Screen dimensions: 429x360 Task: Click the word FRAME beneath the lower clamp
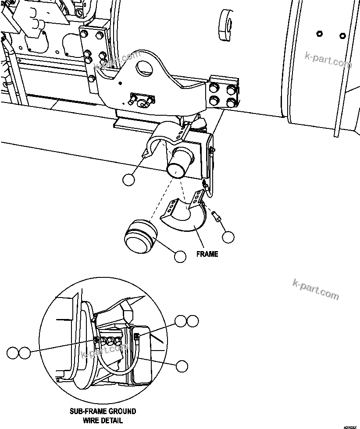pyautogui.click(x=207, y=254)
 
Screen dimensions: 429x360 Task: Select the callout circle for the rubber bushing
pyautogui.click(x=180, y=256)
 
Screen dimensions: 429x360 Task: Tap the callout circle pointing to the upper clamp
pyautogui.click(x=128, y=180)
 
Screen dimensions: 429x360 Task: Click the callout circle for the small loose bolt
pyautogui.click(x=228, y=237)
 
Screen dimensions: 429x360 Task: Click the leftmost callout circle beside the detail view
pyautogui.click(x=13, y=352)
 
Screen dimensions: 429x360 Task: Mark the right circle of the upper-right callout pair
pyautogui.click(x=192, y=321)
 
